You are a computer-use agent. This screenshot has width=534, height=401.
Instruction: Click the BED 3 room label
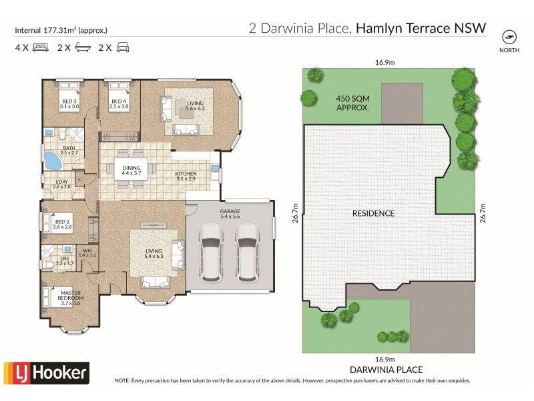[x=69, y=103]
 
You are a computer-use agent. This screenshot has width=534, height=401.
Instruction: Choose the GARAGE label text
[x=230, y=214]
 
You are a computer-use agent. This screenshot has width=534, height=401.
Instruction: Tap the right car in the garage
[x=247, y=251]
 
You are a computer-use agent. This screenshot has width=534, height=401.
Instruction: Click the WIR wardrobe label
[x=87, y=253]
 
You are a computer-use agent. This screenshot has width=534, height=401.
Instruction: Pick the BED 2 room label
[x=63, y=224]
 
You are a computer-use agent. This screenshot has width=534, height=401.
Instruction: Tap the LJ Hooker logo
[x=46, y=372]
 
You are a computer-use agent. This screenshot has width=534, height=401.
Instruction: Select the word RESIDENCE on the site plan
[x=373, y=213]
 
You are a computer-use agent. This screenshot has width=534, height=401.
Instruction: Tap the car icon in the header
[x=123, y=47]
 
